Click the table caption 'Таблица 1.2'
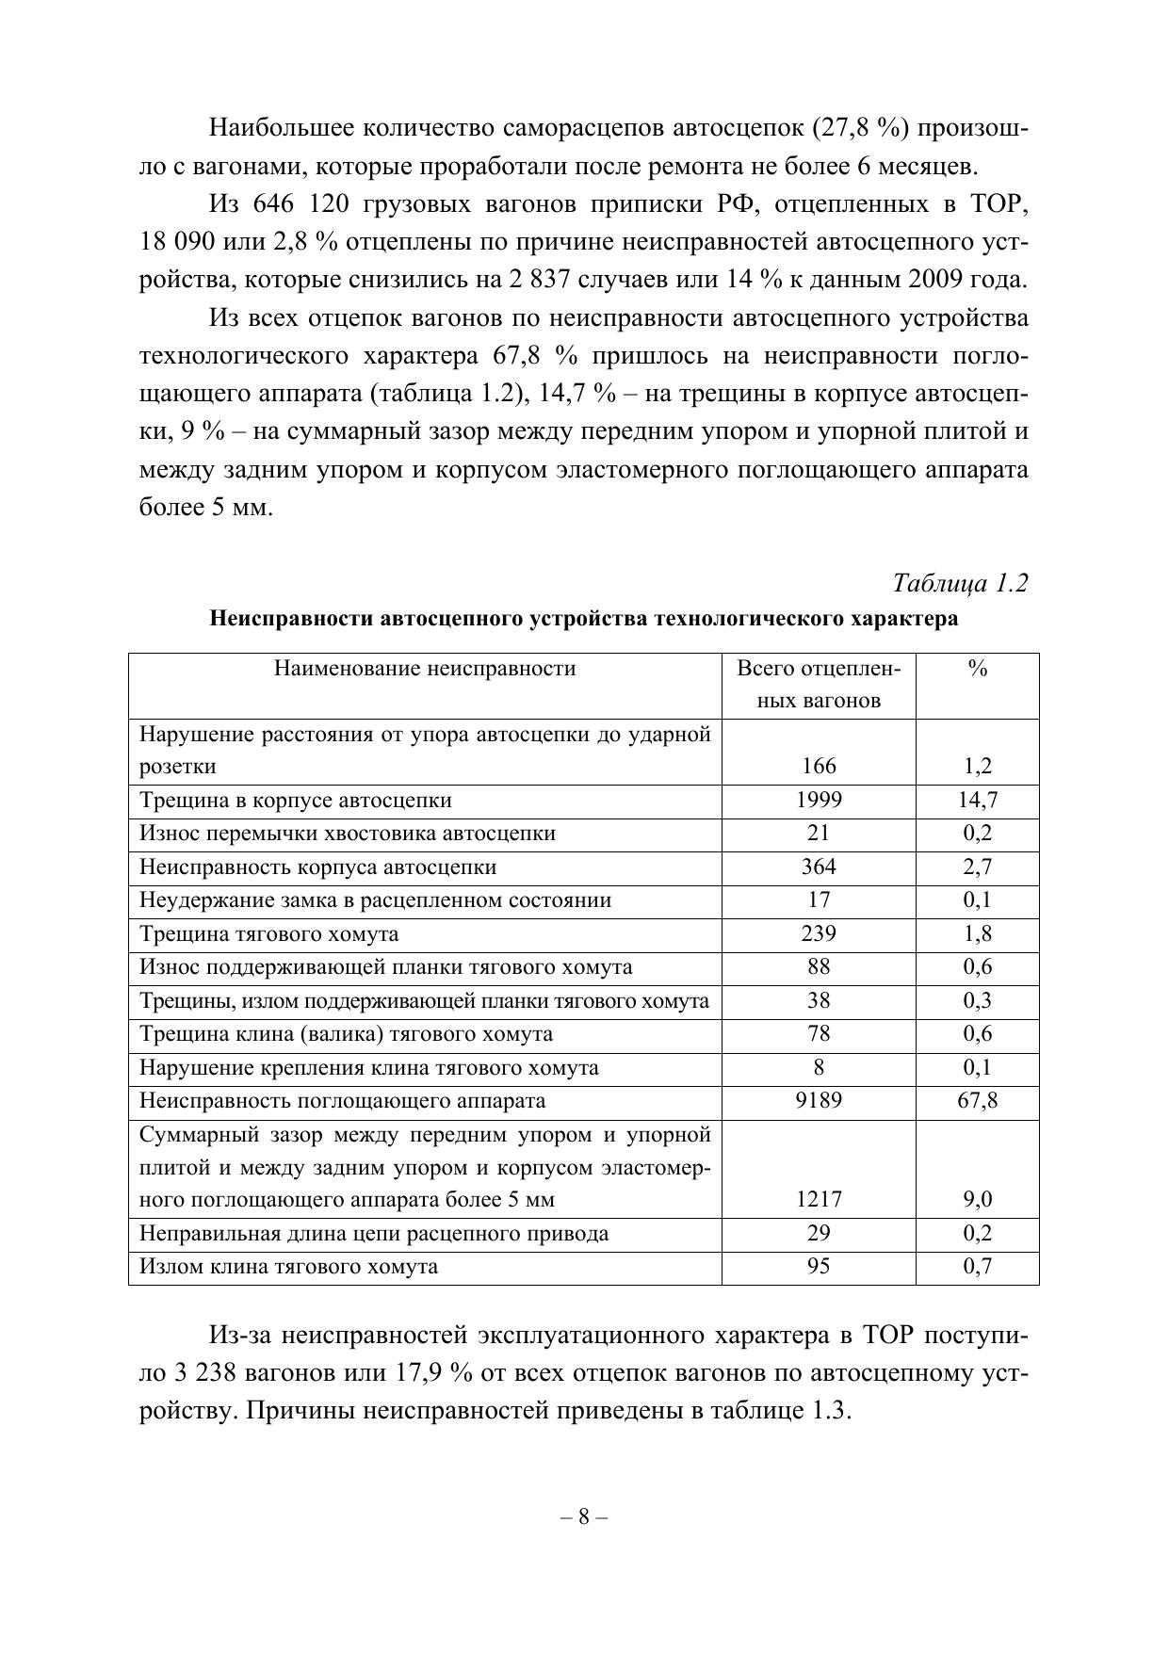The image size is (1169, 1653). tap(960, 584)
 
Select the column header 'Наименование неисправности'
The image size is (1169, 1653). tap(425, 669)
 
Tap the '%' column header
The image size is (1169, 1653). tap(977, 669)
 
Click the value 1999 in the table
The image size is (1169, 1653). tap(819, 801)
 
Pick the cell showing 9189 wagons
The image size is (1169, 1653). tap(819, 1101)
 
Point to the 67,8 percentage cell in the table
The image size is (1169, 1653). tap(977, 1101)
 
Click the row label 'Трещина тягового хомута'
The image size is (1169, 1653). tap(269, 934)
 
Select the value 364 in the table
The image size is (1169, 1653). tap(819, 867)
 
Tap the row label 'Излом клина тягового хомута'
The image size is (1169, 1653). tap(289, 1267)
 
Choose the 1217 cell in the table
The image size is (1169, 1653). tap(819, 1200)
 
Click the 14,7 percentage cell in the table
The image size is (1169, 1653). tap(977, 801)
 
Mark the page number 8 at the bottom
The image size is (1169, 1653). tap(584, 1516)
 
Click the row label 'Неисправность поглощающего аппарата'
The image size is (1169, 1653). tap(343, 1101)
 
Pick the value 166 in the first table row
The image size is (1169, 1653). tap(819, 767)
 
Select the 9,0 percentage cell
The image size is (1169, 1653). tap(977, 1200)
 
